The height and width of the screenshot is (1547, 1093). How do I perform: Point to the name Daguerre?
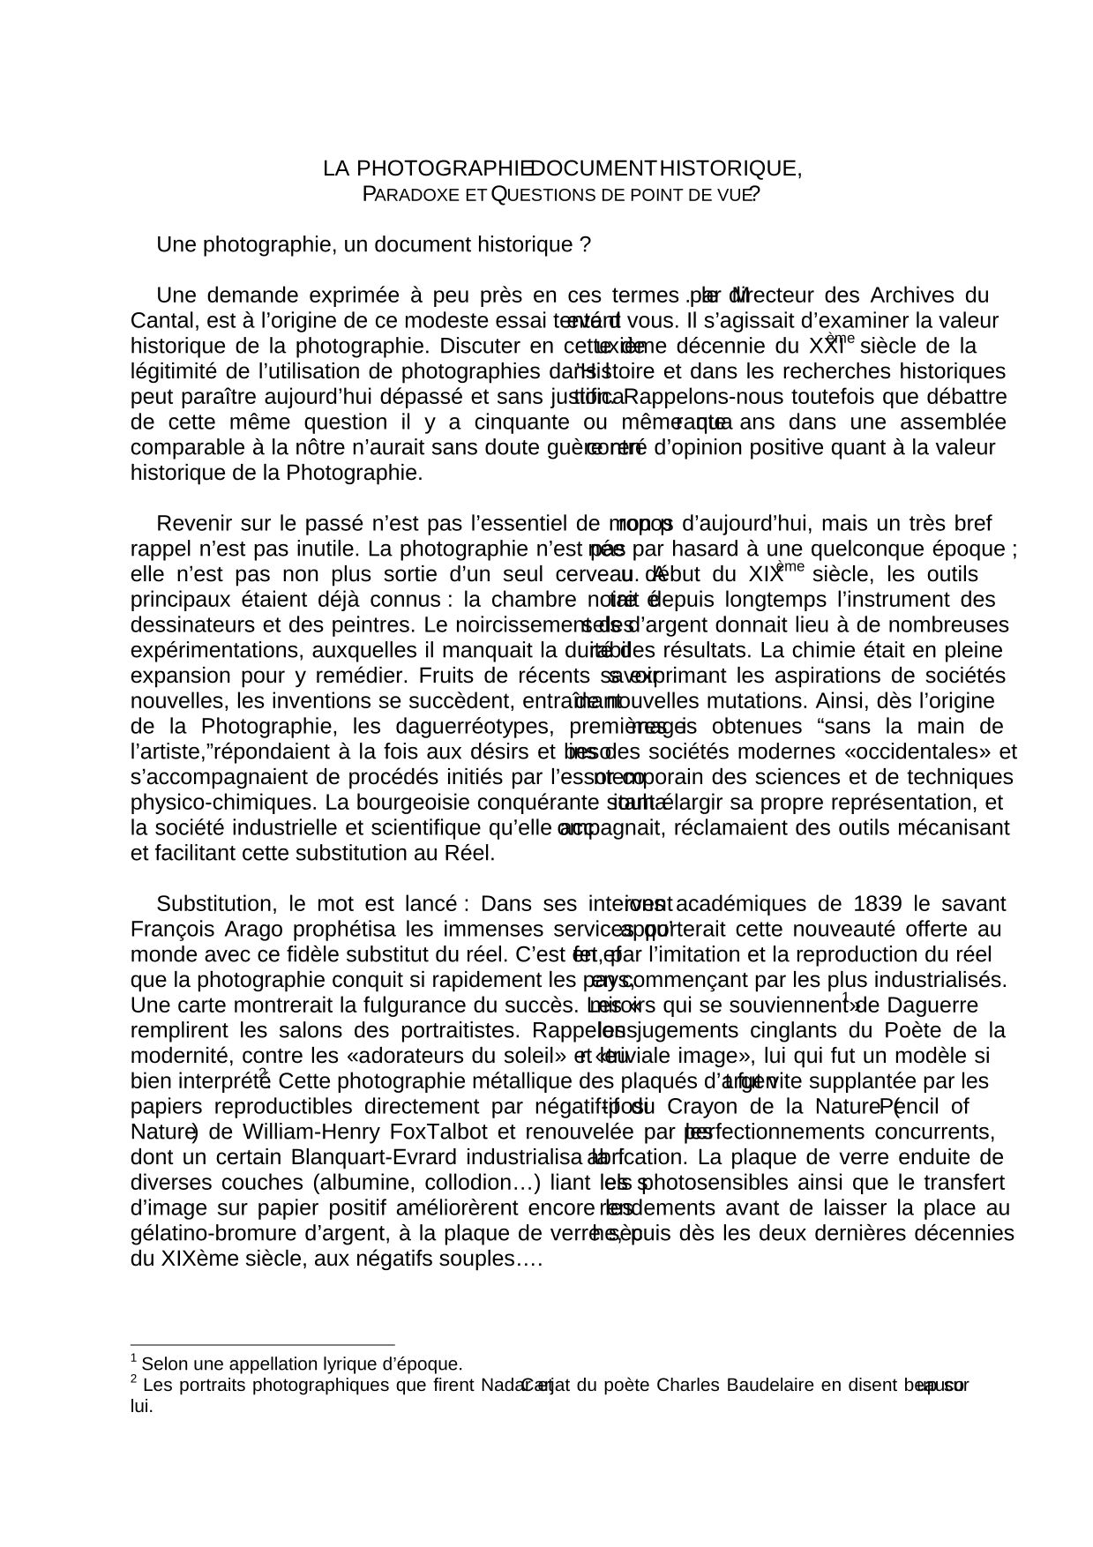[932, 1006]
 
